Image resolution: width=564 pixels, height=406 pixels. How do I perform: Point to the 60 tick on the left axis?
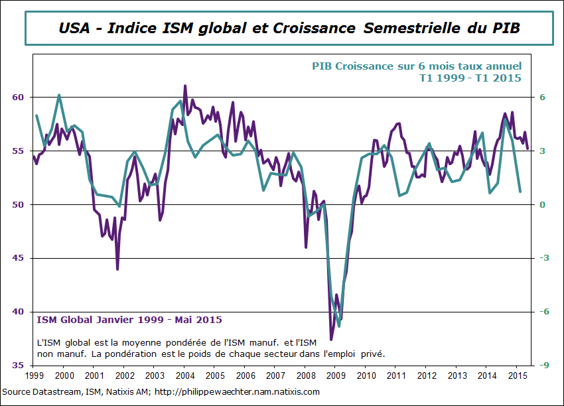pyautogui.click(x=19, y=97)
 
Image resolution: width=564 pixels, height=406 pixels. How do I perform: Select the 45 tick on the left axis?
pyautogui.click(x=19, y=258)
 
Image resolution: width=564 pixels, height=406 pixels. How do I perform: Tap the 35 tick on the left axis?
pyautogui.click(x=19, y=366)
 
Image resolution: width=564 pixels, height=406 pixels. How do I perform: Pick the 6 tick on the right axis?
pyautogui.click(x=541, y=97)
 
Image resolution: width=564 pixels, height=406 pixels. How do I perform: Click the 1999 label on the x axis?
pyautogui.click(x=35, y=376)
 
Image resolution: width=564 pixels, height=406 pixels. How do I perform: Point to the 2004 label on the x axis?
pyautogui.click(x=184, y=376)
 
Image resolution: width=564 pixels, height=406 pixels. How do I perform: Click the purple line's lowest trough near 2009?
pyautogui.click(x=331, y=340)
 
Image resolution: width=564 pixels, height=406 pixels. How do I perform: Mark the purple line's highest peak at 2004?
pyautogui.click(x=185, y=86)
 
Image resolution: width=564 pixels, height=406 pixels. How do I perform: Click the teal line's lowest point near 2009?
pyautogui.click(x=339, y=326)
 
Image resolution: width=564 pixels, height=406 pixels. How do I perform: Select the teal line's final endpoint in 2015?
pyautogui.click(x=520, y=192)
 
